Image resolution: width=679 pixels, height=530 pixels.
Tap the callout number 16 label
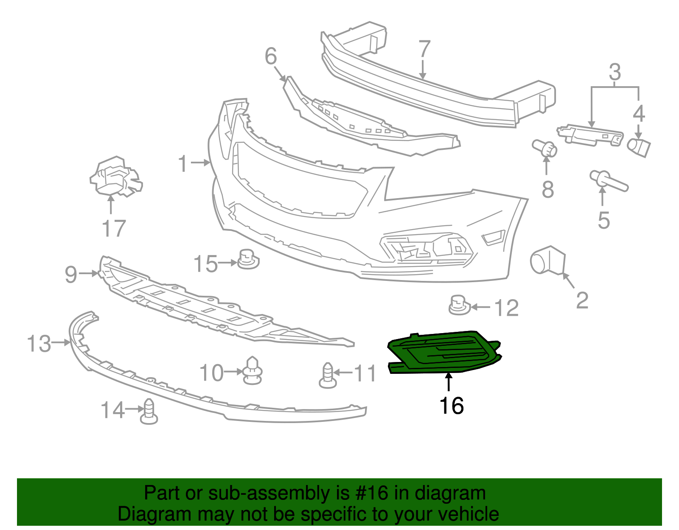click(x=452, y=406)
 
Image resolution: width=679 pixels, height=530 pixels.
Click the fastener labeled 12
click(x=458, y=305)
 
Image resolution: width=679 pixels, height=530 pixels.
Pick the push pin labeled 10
click(x=253, y=370)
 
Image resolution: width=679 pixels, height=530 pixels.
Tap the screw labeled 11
click(x=328, y=376)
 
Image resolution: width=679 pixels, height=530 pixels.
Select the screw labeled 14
click(x=149, y=412)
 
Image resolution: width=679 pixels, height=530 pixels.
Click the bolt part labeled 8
click(x=545, y=148)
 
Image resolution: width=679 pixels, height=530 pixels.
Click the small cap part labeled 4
click(x=639, y=146)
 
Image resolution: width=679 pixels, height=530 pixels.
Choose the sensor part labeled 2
click(x=547, y=260)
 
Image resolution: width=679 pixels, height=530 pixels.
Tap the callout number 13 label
click(x=39, y=343)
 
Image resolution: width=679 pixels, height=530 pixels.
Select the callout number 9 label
click(x=71, y=275)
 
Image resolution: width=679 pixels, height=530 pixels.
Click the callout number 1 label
click(x=183, y=164)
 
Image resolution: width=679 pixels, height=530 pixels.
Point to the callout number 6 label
click(x=271, y=56)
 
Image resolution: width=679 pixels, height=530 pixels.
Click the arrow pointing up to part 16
click(x=449, y=381)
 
